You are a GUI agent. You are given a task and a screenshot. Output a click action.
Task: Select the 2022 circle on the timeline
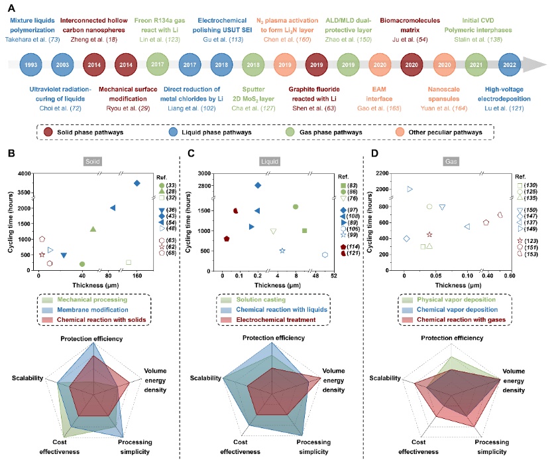[510, 65]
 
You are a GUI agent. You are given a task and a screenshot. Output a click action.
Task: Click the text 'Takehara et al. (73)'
[42, 40]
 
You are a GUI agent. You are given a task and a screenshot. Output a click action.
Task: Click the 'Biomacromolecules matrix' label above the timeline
[411, 25]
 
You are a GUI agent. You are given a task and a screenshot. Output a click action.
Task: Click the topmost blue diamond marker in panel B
[137, 183]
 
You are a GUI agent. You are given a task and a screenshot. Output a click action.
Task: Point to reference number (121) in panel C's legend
[353, 254]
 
